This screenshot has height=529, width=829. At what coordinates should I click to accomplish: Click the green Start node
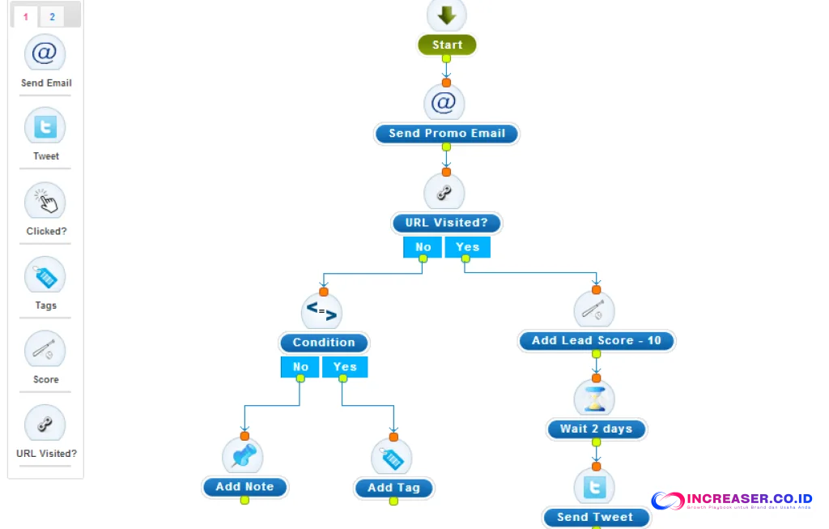(447, 45)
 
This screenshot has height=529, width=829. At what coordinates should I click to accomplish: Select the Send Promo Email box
(446, 134)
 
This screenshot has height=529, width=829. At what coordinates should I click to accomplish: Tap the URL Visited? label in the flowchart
(446, 223)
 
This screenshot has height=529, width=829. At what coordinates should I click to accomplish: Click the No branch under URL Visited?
(423, 247)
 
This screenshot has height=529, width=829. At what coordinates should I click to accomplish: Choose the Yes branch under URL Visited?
(467, 247)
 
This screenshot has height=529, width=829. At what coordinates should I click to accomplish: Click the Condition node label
(324, 343)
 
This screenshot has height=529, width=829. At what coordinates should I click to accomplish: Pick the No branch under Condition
(300, 367)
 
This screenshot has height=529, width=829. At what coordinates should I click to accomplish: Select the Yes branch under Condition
(345, 367)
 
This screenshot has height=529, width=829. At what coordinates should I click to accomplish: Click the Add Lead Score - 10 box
(597, 341)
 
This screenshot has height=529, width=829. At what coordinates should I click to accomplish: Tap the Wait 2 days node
(596, 429)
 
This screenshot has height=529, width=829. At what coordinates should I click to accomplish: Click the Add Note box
(244, 487)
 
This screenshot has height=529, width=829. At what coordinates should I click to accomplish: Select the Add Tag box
(393, 488)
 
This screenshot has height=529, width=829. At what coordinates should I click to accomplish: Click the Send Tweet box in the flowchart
(596, 517)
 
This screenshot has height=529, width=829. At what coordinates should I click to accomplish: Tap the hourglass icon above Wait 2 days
(595, 399)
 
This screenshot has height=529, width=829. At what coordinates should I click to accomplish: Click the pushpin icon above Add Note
(243, 456)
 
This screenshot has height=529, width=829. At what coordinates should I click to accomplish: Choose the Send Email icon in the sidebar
(45, 54)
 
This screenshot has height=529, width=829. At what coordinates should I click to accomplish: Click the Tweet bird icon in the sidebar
(45, 127)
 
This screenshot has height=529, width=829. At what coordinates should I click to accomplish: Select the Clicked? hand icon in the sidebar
(45, 202)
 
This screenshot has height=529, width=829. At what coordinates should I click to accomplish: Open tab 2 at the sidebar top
(52, 17)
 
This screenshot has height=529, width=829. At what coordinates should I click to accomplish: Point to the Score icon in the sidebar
(45, 351)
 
